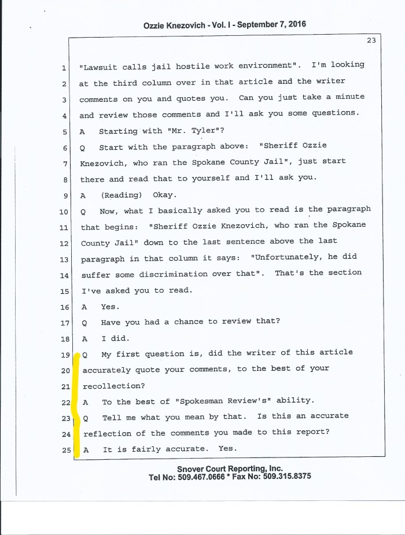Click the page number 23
(x=371, y=40)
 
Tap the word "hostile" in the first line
(x=186, y=66)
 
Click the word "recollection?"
(x=112, y=385)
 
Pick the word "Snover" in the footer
(x=193, y=468)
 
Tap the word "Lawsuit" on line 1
(x=99, y=66)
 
